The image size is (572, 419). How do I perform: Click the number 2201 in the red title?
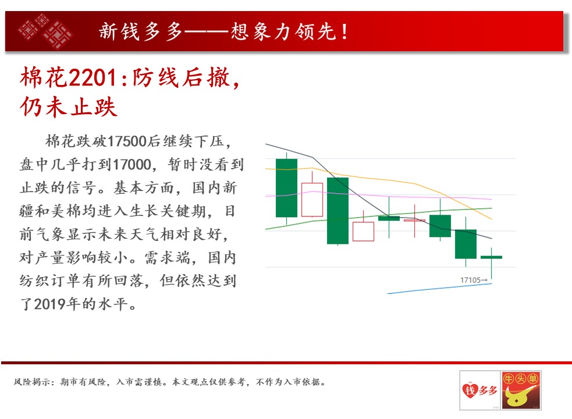pos(93,78)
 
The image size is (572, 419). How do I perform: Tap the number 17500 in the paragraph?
pos(127,141)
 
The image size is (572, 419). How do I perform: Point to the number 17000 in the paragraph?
pos(132,165)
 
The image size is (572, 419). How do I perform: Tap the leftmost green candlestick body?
pos(286,188)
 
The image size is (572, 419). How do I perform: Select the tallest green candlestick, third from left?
pos(338,211)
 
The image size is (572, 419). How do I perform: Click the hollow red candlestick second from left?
pos(312,200)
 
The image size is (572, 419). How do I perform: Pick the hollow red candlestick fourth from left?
pos(363,232)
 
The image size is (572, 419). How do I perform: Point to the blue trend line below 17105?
pos(439,288)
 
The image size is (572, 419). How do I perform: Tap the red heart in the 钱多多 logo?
pos(469,390)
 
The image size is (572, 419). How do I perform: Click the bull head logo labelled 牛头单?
pos(521,390)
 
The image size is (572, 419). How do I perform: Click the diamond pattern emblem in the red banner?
pos(45,31)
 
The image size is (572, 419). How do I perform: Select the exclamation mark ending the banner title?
pos(344,31)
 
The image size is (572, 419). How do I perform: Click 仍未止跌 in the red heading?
pos(69,107)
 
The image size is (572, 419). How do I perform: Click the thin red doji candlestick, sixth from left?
pos(414,221)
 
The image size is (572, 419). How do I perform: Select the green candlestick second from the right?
pos(466,244)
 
